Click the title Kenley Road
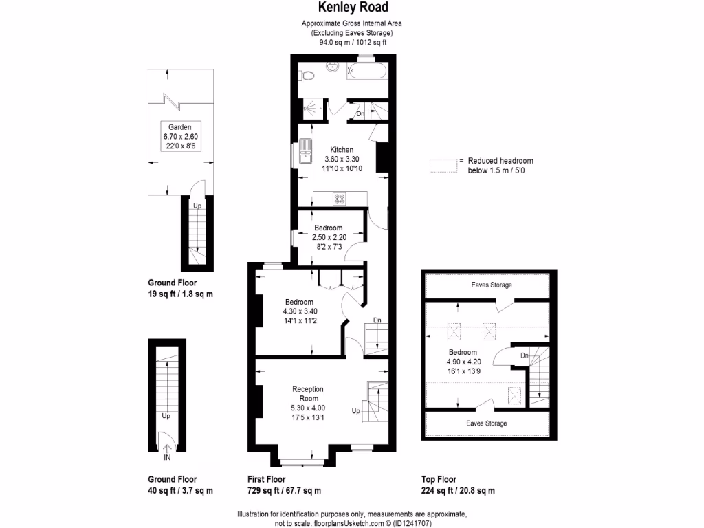pos(352,8)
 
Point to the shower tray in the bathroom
pos(313,108)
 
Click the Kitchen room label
pos(342,150)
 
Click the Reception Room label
pos(307,394)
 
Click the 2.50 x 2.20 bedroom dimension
pos(328,236)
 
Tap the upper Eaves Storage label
pos(491,285)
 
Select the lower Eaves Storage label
pos(486,423)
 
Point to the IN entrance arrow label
pos(166,456)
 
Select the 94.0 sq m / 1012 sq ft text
pos(352,42)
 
